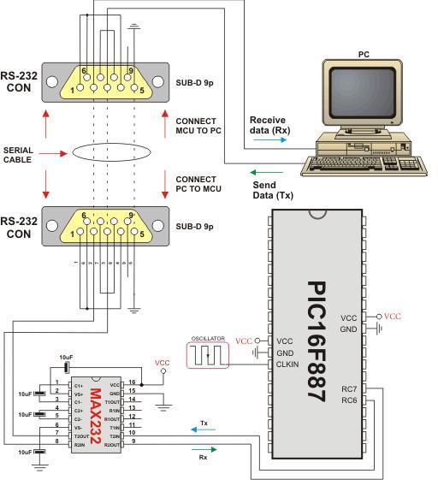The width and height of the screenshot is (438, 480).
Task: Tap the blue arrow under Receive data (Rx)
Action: point(262,138)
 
